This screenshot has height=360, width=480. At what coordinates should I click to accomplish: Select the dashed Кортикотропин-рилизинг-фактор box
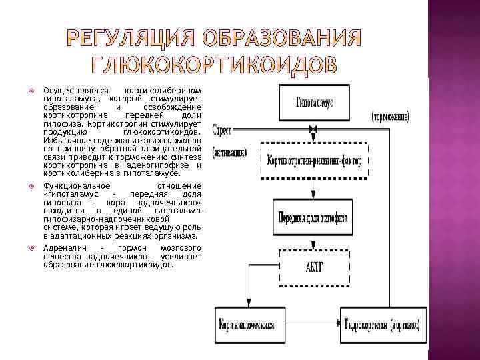point(315,160)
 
